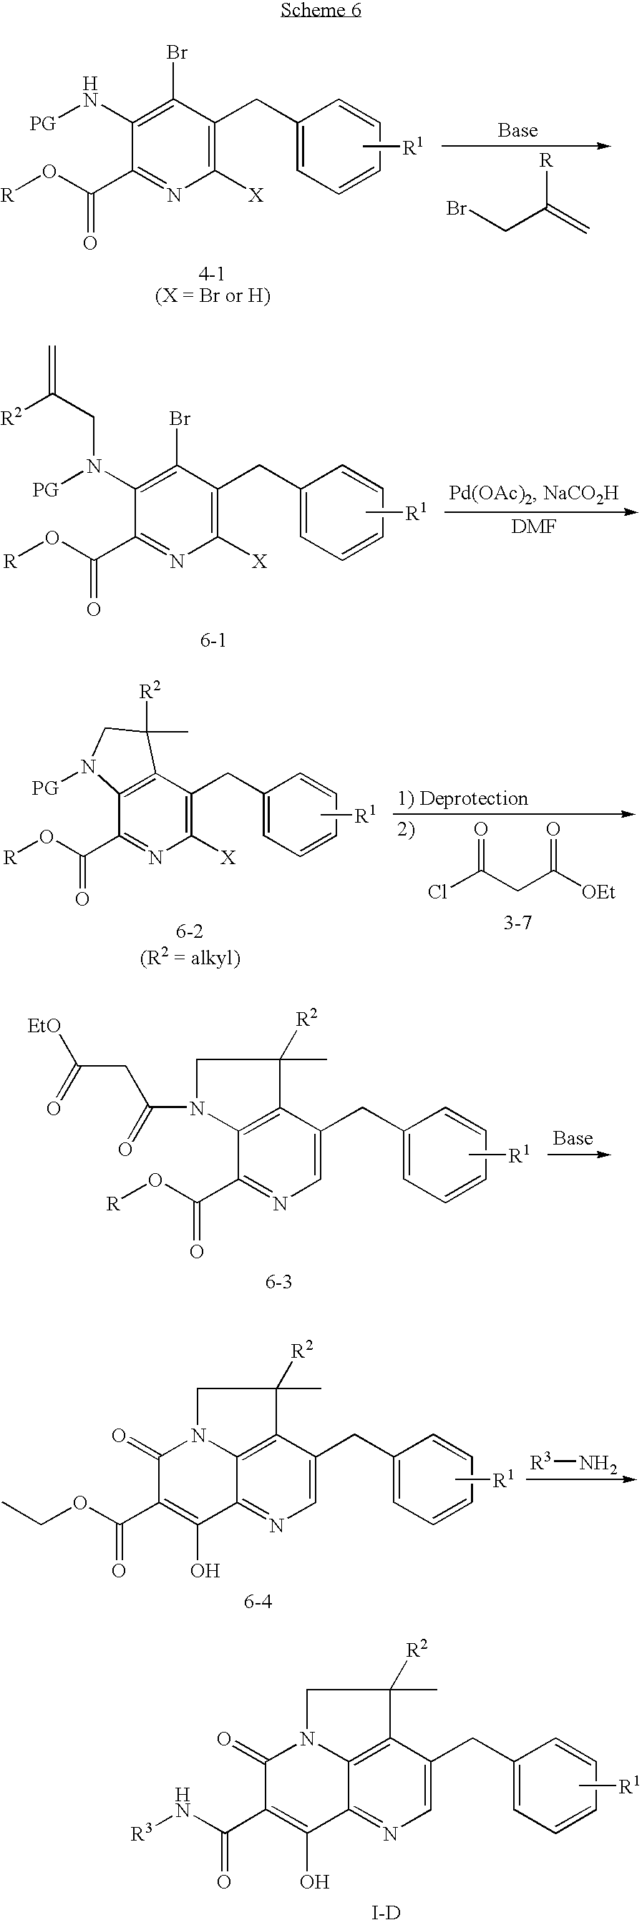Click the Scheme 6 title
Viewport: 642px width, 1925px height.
pyautogui.click(x=321, y=11)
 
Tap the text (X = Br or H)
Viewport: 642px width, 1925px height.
pyautogui.click(x=213, y=296)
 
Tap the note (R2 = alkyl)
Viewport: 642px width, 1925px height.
pyautogui.click(x=190, y=957)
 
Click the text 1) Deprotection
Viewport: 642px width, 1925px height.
pyautogui.click(x=462, y=798)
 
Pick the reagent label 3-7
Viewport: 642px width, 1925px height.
pyautogui.click(x=517, y=923)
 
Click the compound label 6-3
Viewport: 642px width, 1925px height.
pyautogui.click(x=278, y=1283)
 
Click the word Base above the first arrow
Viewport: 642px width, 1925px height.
pyautogui.click(x=517, y=130)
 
